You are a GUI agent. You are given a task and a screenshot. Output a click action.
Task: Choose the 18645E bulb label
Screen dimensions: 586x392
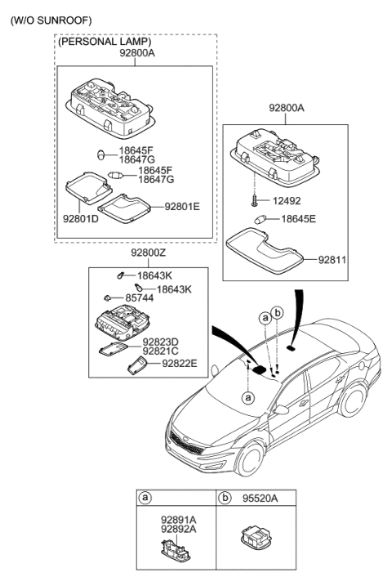click(300, 219)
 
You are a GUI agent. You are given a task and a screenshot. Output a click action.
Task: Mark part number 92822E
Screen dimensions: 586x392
click(180, 363)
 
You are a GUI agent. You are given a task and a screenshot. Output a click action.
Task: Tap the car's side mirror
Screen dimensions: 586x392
click(282, 406)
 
